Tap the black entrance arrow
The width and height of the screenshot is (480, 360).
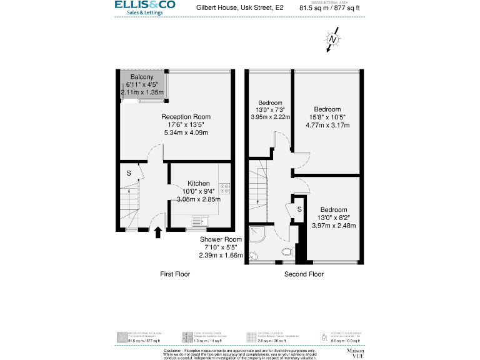point(157,233)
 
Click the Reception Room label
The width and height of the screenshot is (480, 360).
point(186,117)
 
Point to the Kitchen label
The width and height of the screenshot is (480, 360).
point(199,184)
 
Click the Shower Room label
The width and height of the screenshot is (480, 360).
point(220,239)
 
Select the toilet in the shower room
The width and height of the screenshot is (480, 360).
point(287,252)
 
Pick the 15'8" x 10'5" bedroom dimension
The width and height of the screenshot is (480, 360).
point(327,117)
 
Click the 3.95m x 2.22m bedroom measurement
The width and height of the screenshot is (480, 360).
point(271,117)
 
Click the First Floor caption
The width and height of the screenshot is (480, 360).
point(175,274)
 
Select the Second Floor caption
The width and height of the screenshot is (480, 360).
point(304,274)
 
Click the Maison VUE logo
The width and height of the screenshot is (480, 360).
point(354,353)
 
